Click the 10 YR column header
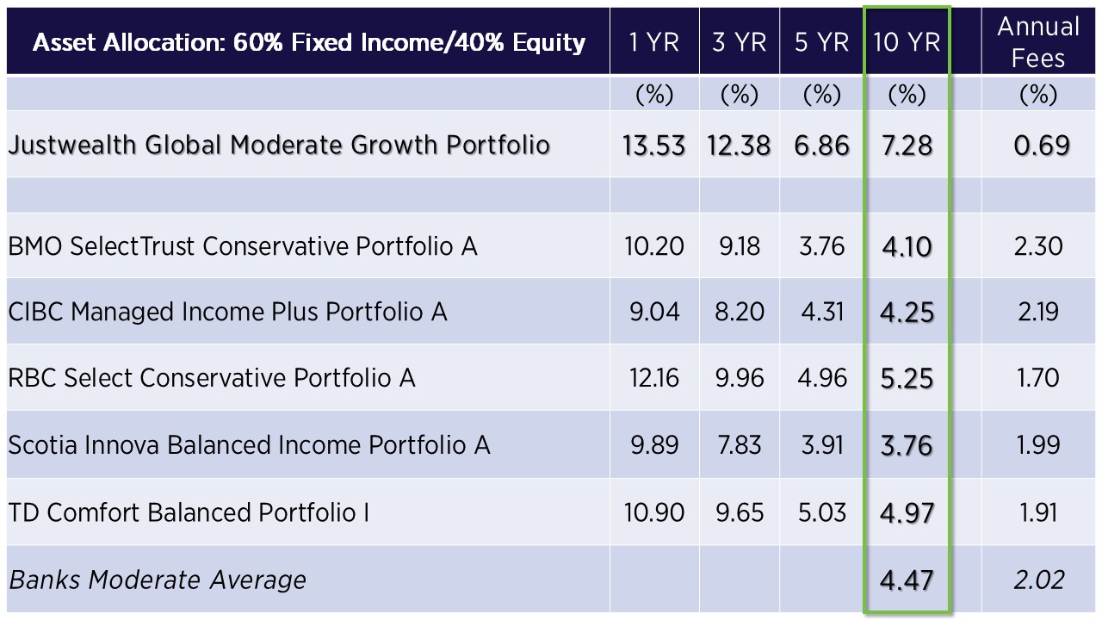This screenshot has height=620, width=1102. pos(907,42)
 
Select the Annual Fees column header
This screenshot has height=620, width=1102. pos(1038,42)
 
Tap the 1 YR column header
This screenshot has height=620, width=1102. pos(653,42)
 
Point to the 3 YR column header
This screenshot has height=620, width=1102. pos(739,42)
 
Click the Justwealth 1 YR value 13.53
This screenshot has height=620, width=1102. pos(653,146)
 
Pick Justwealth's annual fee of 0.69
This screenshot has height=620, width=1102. pos(1042,146)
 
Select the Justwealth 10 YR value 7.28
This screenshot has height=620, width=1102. pos(907,146)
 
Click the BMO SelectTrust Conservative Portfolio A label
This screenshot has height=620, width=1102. pos(243,246)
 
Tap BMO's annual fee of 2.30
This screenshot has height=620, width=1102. pos(1038,246)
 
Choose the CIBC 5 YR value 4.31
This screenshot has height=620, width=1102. pos(822,312)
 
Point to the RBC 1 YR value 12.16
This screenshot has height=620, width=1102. pos(653,378)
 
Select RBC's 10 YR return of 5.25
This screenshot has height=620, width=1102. pos(907,378)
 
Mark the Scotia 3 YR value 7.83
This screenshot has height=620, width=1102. pos(739,445)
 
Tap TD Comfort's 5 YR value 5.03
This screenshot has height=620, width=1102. pos(822,512)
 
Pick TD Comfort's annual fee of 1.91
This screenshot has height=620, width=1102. pos(1038,512)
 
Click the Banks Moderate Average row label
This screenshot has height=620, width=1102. pos(158,580)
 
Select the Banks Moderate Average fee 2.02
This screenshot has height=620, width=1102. pos(1039,580)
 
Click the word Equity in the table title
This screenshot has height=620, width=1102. pos(548,43)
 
